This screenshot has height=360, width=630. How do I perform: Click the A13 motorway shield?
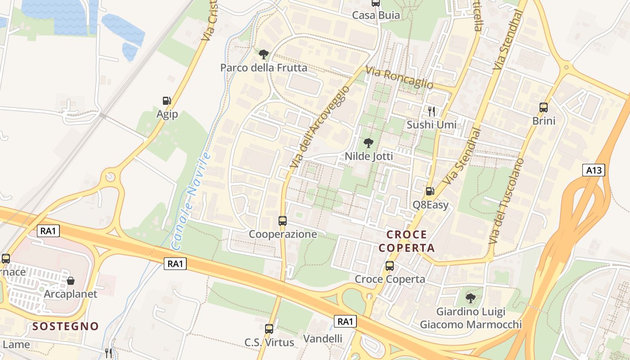pos(594,170)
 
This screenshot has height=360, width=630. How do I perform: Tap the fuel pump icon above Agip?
pos(167,101)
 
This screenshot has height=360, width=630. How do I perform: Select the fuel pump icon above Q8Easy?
pos(431,191)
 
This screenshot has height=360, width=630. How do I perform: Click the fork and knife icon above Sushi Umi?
pos(432,111)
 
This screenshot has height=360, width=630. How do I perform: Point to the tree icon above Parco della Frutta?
pos(264,54)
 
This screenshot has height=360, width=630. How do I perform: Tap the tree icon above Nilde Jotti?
pos(368,143)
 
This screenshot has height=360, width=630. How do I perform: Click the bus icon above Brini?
pos(544,108)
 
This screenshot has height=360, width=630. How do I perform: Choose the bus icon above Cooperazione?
pos(283,221)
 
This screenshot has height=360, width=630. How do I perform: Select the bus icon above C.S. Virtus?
pos(269,329)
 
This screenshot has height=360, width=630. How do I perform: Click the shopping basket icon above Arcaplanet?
pos(71,281)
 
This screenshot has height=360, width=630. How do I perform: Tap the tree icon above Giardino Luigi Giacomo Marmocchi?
pos(471,298)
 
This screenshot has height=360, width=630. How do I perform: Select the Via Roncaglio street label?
pos(399,77)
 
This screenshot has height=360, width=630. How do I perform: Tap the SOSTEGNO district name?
pos(66,326)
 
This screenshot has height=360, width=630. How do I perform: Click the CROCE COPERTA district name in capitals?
pos(407,241)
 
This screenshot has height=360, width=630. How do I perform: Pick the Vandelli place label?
pos(323,338)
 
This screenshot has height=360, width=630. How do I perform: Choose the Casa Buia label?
pos(376,15)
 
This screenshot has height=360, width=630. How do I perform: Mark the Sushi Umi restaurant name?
pos(432,125)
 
